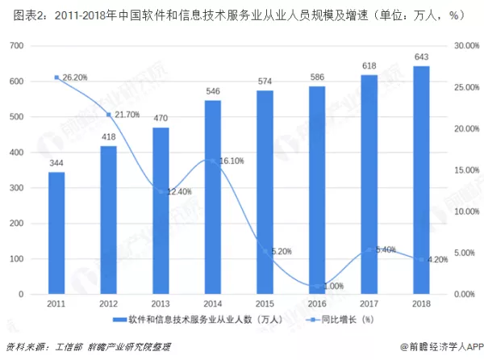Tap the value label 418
[x=107, y=137]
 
